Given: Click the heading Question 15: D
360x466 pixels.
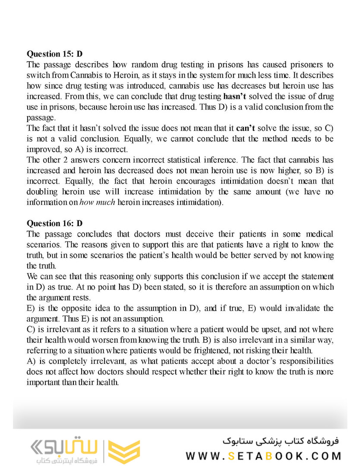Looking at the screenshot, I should tap(55, 54).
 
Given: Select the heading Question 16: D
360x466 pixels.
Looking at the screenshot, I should tap(55, 223).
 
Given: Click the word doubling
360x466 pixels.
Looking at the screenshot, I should tap(41, 191).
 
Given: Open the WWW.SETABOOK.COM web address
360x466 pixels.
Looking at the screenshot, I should tap(263, 456).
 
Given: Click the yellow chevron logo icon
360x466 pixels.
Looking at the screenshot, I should tap(124, 452).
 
